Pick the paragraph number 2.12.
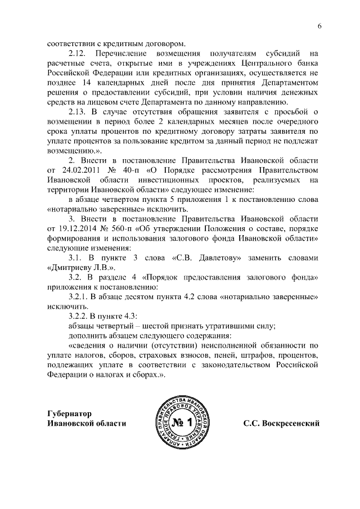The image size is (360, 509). (x=77, y=53)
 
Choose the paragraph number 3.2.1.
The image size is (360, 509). (x=79, y=295)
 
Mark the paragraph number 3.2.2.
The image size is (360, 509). (x=79, y=315)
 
